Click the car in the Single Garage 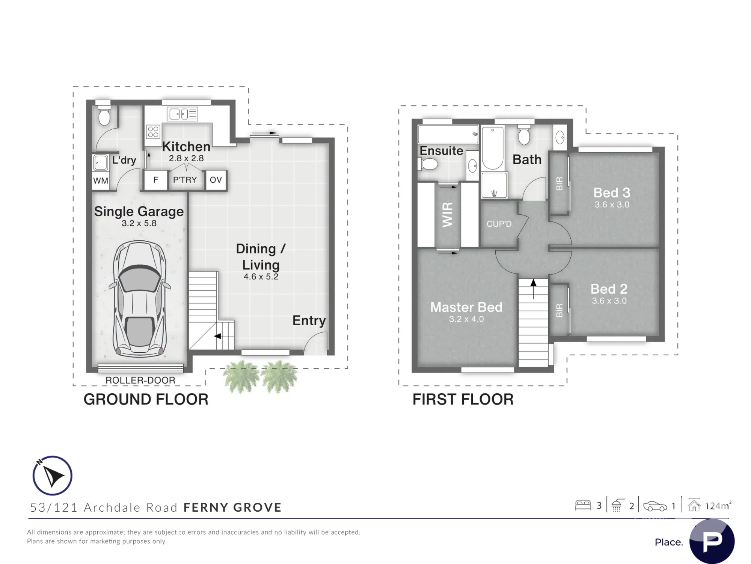[x=140, y=299]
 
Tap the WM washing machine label [x=101, y=180]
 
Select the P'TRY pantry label [x=185, y=180]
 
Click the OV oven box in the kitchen [x=216, y=180]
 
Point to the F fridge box [x=156, y=180]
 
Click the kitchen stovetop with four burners [x=153, y=132]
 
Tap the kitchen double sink [x=182, y=114]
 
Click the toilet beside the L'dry [x=104, y=115]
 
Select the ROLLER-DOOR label [x=140, y=380]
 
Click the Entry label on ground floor [x=309, y=321]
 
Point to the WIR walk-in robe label [x=448, y=215]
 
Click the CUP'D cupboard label [x=499, y=224]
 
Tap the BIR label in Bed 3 [x=559, y=184]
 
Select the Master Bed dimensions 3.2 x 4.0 [x=466, y=319]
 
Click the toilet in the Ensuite [x=428, y=164]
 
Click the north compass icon [x=52, y=476]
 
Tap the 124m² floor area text [x=718, y=506]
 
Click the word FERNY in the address [x=205, y=508]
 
